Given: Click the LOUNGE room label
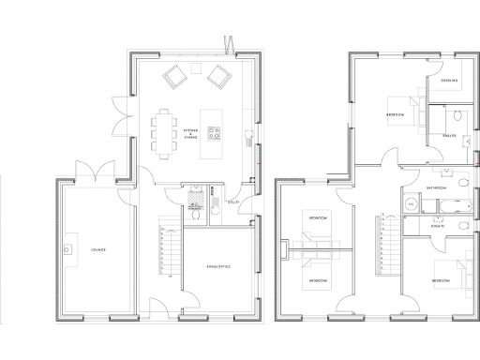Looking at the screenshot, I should tap(97, 250).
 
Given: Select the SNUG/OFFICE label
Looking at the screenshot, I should tap(217, 267).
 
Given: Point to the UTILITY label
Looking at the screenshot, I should tap(233, 201).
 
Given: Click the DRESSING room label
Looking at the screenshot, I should tap(447, 82).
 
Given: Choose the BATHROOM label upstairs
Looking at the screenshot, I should tap(435, 187).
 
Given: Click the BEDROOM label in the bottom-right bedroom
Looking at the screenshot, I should tap(441, 281).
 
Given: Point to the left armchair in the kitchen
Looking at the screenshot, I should tap(173, 76).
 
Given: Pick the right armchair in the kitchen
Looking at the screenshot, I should tap(219, 76).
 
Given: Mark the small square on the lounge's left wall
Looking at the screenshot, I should tap(68, 250).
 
